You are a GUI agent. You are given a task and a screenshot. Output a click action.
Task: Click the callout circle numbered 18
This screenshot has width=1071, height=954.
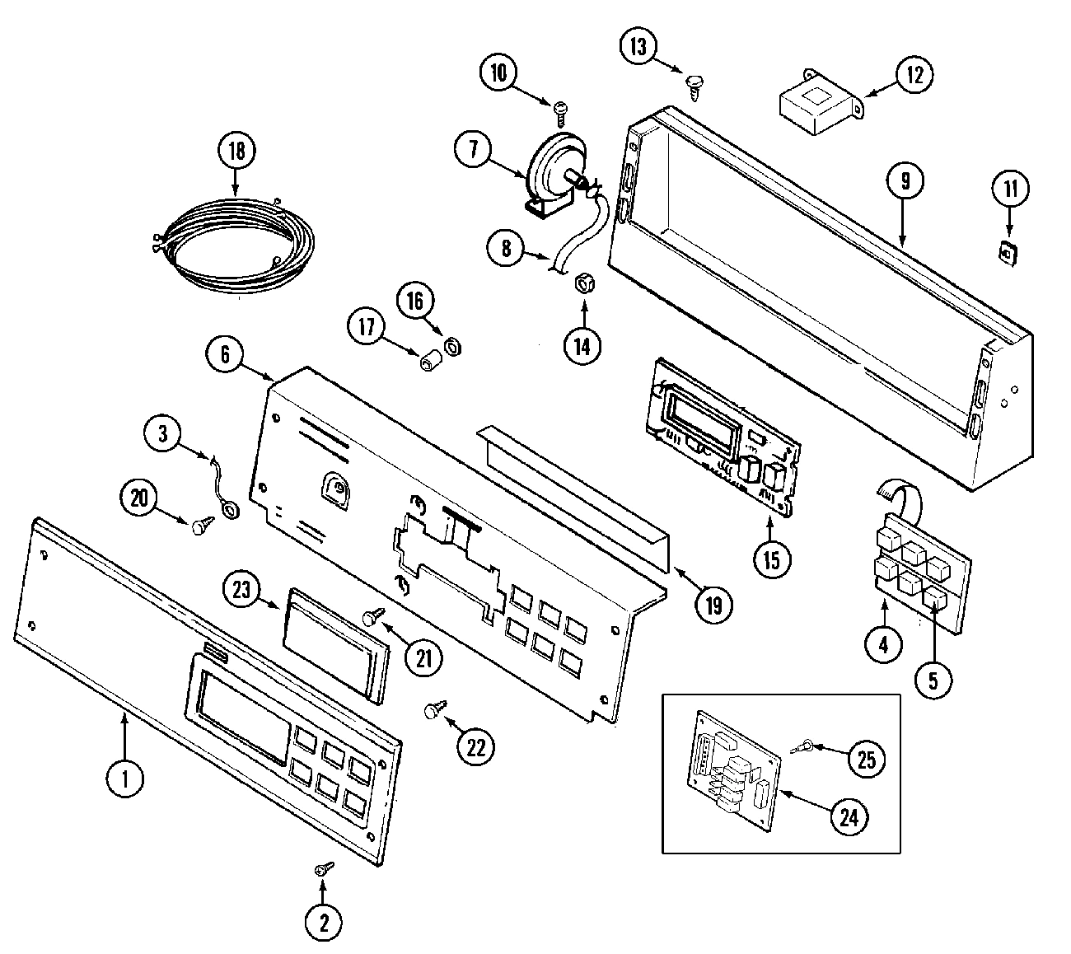coord(237,151)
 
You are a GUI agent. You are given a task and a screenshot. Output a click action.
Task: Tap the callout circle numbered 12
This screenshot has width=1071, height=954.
coord(916,76)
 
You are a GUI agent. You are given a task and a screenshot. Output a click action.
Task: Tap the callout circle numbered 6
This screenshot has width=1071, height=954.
coord(224,355)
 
